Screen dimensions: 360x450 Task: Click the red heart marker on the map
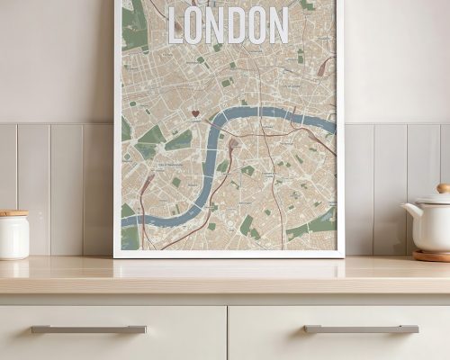(195, 114)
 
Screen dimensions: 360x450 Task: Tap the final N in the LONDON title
(276, 25)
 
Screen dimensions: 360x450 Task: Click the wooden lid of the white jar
(13, 213)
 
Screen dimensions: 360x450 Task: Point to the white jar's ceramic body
(13, 237)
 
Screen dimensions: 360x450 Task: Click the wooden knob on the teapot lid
(444, 189)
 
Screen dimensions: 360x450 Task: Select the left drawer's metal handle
(88, 329)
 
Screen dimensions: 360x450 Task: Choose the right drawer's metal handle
(361, 329)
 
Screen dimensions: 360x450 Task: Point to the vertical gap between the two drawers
(227, 333)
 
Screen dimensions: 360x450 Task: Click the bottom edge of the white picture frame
(229, 254)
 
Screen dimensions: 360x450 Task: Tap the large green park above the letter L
(134, 27)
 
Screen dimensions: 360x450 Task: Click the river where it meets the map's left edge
(124, 219)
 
